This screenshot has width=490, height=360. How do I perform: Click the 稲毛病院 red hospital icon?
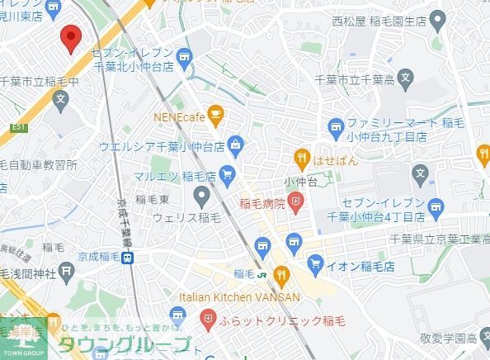(296, 201)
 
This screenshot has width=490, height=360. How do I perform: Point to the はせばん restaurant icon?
(302, 159)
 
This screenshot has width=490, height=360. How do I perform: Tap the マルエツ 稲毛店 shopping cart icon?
(228, 173)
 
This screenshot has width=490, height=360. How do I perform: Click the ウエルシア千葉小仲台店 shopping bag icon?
(236, 145)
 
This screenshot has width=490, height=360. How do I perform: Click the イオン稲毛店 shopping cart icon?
(314, 264)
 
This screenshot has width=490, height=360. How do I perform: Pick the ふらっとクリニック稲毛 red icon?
(209, 317)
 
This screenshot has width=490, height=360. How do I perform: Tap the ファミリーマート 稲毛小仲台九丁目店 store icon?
(336, 126)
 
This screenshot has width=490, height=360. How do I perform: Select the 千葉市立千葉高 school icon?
(405, 80)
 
